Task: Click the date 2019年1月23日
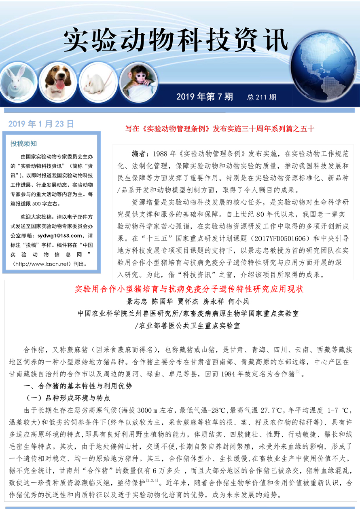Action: click(x=41, y=124)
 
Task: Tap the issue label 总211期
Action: click(x=262, y=97)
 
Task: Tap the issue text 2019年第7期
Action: click(x=205, y=97)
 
